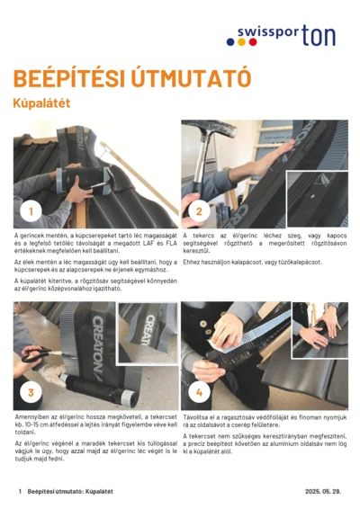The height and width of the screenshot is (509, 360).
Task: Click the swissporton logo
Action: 286,35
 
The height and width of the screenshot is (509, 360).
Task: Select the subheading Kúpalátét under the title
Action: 41,103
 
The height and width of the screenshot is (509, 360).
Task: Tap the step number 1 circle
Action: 31,211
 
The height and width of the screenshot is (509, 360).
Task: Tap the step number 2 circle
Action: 200,211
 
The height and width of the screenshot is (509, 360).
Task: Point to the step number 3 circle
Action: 31,393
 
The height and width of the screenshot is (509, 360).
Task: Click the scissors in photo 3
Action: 34,356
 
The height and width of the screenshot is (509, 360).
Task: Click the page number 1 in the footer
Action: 19,492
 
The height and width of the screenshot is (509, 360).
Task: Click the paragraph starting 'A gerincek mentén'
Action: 94,244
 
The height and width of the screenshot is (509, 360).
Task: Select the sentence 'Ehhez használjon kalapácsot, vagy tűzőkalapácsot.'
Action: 241,262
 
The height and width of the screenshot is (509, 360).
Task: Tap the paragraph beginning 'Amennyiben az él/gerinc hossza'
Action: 94,425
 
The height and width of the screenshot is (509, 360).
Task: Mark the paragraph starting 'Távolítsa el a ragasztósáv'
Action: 264,421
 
